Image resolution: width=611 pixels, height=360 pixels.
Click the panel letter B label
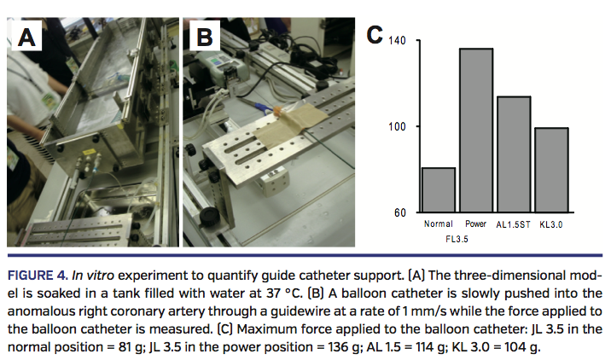(x=205, y=38)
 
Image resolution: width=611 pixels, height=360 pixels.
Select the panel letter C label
(x=374, y=35)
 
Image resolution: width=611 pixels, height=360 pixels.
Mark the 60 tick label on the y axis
(x=399, y=212)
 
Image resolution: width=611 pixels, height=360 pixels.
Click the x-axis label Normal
(x=438, y=224)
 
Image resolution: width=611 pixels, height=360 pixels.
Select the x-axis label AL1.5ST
(x=514, y=224)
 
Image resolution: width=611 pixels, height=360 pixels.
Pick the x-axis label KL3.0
(x=553, y=224)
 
